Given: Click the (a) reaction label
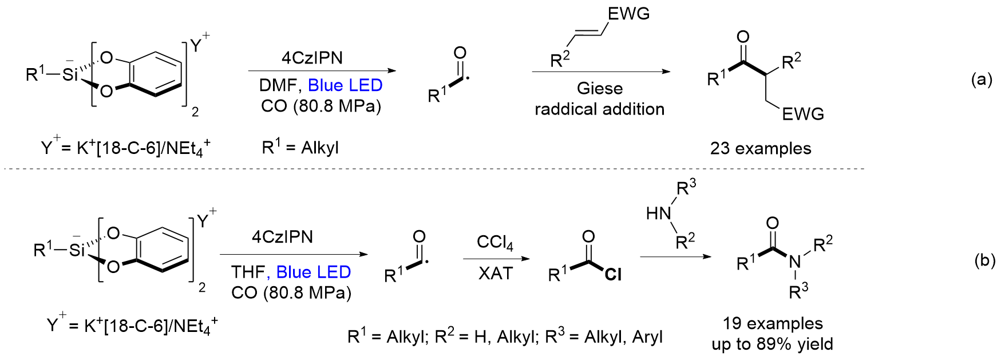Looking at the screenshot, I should [982, 80].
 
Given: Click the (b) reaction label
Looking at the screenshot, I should [984, 260].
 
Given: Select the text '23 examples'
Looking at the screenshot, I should [761, 149].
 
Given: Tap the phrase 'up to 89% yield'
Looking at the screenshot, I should [772, 344].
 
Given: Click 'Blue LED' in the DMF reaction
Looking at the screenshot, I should [345, 85].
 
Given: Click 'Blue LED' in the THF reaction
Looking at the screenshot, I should [314, 272].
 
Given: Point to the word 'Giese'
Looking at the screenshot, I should [600, 88].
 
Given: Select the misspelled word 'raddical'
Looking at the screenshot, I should [563, 109].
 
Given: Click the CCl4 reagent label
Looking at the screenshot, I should [495, 243].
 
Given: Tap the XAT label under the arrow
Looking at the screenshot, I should [496, 273].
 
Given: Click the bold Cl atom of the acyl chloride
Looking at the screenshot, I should [612, 275].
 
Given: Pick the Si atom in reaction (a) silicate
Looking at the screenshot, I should [69, 74].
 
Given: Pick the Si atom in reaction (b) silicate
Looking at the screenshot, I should [76, 250].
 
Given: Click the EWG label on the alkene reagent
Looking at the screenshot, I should [629, 14].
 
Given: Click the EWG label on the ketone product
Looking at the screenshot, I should [803, 114].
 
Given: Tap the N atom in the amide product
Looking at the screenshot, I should [795, 262].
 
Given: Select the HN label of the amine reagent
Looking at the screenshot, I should [658, 213].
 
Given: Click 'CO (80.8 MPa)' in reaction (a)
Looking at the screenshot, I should [321, 106].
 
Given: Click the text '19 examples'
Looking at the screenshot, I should [773, 323].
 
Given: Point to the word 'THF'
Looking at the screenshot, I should [247, 272].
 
